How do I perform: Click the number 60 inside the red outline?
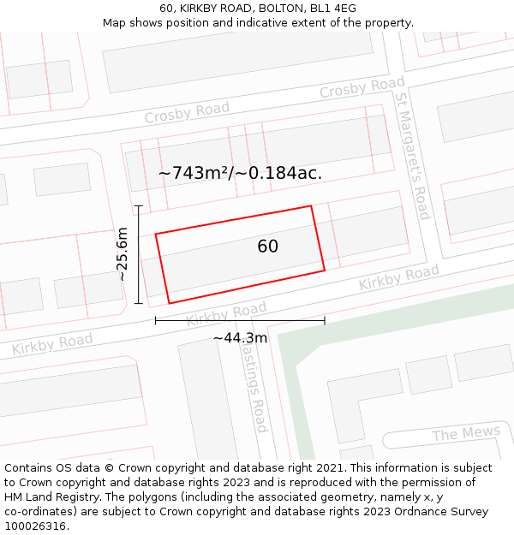267,247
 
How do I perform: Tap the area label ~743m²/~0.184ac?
240,173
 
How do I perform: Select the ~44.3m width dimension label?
240,338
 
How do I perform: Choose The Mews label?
466,434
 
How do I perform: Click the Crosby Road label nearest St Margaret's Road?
362,87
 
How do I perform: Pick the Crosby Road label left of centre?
187,112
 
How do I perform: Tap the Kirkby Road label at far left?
52,345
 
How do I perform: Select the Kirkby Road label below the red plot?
226,314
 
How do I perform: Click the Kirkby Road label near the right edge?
398,277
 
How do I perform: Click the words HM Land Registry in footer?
49,496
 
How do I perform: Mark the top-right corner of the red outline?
311,205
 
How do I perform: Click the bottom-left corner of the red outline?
169,303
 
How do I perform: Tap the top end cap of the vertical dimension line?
138,205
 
